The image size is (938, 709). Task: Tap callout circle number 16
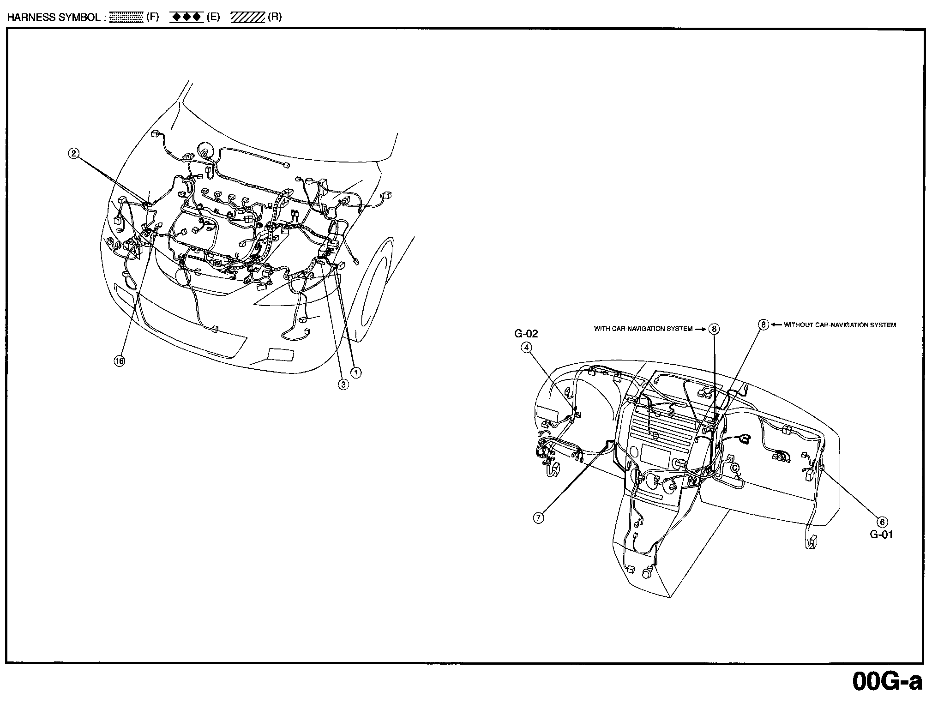pos(119,361)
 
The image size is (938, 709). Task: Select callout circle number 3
pos(343,384)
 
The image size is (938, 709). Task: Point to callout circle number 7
pos(538,518)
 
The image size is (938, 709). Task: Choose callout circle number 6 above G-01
pos(882,522)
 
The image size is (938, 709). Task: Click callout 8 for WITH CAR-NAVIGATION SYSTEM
pos(714,329)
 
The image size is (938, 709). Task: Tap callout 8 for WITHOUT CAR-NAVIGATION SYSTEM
pos(764,324)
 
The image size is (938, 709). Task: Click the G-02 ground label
pos(526,334)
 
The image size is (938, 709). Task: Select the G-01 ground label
pos(881,535)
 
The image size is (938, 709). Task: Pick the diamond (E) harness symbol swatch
pos(186,18)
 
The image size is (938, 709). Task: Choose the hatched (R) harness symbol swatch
pos(248,18)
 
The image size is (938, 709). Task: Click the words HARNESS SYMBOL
pos(53,18)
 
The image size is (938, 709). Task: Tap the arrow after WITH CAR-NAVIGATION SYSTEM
pos(701,329)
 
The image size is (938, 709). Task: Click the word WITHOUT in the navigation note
pos(798,325)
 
